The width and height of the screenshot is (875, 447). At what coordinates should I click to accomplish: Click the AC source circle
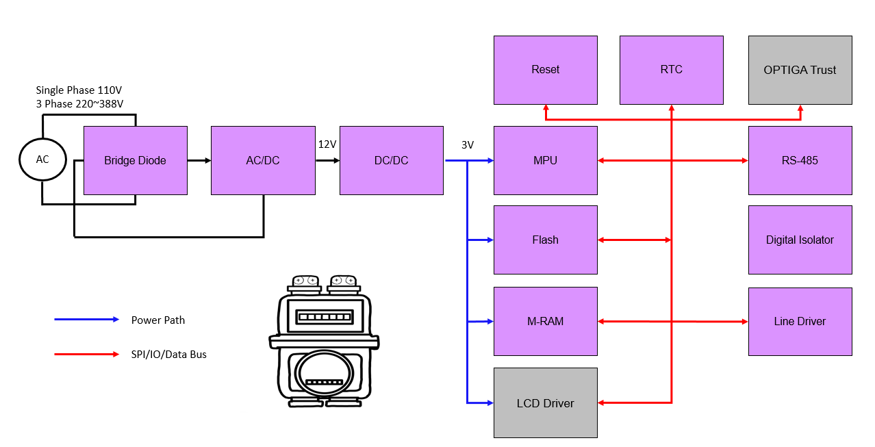42,159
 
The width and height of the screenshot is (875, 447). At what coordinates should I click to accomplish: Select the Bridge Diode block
135,160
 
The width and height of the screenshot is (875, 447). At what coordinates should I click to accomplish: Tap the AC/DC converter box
263,160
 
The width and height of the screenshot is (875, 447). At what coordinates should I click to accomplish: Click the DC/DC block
391,160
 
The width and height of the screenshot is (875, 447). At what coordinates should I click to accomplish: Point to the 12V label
327,144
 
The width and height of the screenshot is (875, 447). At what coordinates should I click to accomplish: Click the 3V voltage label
468,145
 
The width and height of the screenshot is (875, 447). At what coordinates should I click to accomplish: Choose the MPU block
545,160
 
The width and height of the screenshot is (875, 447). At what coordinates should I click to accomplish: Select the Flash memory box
545,240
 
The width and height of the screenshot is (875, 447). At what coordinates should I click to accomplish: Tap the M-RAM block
545,321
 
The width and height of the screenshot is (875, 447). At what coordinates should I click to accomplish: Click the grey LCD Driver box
545,403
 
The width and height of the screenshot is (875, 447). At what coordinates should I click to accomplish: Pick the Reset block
545,70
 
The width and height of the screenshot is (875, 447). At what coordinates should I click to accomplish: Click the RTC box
671,70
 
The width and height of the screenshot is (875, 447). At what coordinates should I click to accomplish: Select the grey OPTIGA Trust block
800,70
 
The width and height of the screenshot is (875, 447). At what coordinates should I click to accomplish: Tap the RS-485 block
800,160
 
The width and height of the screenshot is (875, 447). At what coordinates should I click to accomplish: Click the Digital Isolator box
800,240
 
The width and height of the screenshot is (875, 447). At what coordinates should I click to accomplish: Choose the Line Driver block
800,321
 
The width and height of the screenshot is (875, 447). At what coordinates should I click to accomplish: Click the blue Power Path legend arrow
86,320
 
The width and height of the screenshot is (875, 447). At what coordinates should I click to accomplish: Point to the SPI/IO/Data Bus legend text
168,355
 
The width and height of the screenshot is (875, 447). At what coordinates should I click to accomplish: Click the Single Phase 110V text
79,90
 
